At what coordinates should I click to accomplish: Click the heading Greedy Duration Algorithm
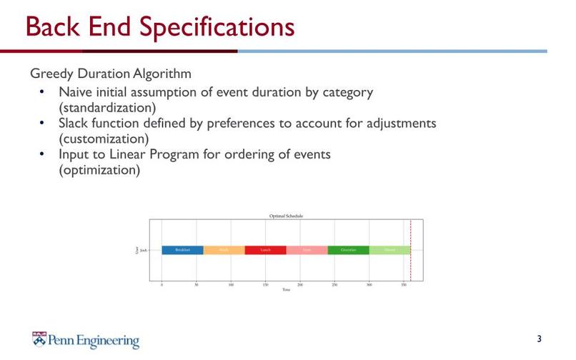coord(110,74)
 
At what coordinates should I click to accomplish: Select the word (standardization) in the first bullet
coord(107,107)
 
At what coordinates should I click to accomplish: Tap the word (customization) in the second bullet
coord(104,138)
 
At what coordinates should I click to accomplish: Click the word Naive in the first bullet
coord(76,92)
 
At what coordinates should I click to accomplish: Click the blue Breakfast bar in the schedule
coord(182,250)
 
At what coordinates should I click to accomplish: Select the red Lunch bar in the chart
coord(265,250)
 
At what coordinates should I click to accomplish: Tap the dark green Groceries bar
coord(348,250)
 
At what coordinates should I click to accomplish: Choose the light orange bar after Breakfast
coord(224,250)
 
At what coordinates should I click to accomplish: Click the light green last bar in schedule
coord(389,250)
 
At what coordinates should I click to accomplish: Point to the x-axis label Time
coord(286,290)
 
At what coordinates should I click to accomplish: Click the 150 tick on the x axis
coord(265,284)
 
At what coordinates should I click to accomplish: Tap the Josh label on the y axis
coord(144,251)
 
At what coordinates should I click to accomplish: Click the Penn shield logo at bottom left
coord(40,339)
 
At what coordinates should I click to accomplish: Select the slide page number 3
coord(539,338)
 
